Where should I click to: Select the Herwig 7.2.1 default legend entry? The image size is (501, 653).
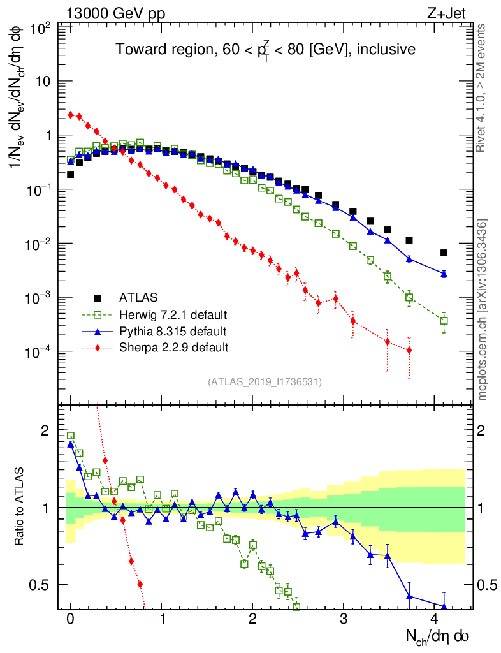click(x=173, y=314)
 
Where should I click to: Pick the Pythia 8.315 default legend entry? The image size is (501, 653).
click(x=173, y=331)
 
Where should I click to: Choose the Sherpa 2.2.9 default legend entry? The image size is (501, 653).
click(x=173, y=348)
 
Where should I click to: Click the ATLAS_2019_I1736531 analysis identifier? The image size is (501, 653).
click(x=265, y=382)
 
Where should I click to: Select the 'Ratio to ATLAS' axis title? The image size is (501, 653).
click(x=20, y=508)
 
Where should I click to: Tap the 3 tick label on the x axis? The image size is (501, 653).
click(x=344, y=619)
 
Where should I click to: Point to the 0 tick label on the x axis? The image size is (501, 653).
click(x=70, y=619)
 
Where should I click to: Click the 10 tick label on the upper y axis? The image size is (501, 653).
click(x=45, y=82)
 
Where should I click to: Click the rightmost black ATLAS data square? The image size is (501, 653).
click(x=444, y=253)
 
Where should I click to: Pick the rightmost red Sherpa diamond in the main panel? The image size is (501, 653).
click(x=409, y=350)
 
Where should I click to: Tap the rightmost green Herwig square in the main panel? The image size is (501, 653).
click(x=444, y=321)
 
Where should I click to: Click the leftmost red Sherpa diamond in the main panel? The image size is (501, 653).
click(x=71, y=115)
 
